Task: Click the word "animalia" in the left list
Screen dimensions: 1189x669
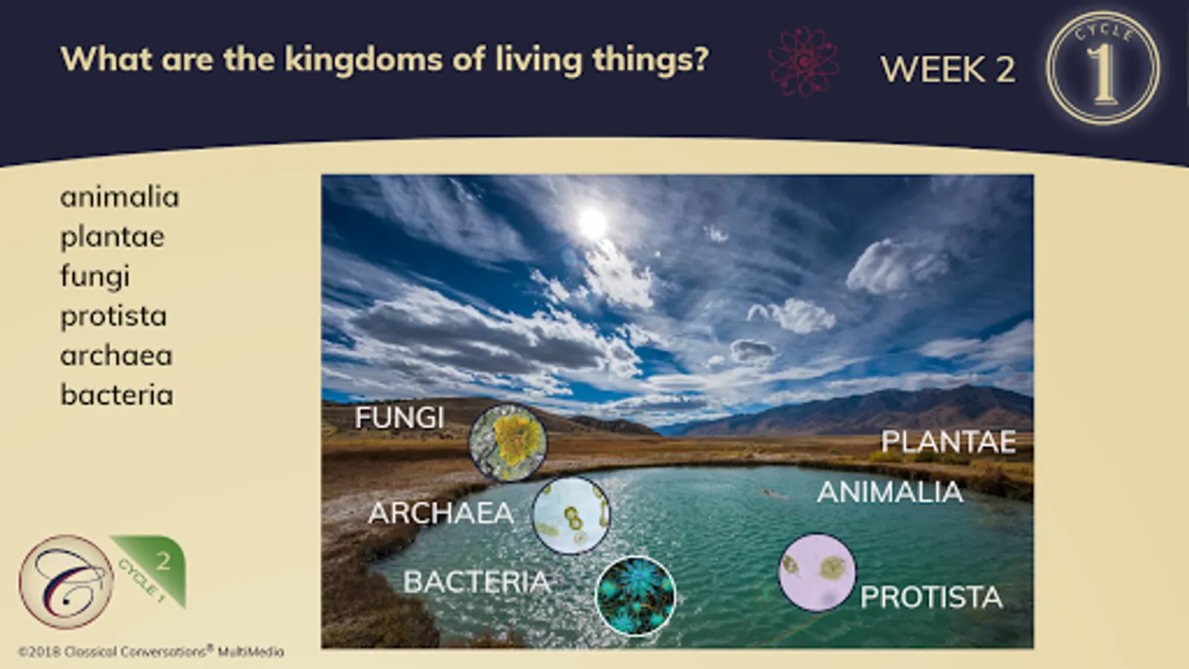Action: point(120,197)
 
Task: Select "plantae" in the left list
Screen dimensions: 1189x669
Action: point(112,237)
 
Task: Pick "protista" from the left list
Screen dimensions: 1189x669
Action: point(114,317)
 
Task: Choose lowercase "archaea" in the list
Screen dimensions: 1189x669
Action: point(116,356)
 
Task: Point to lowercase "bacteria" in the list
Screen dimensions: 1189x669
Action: point(117,395)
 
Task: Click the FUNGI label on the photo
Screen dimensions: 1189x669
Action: point(400,417)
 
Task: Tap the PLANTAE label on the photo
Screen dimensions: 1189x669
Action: point(949,442)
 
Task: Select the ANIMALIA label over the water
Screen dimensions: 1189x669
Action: point(890,491)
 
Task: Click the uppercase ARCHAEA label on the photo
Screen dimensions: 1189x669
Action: point(441,513)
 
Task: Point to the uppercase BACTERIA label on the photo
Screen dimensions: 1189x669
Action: point(476,582)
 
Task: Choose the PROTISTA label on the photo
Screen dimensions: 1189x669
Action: point(932,598)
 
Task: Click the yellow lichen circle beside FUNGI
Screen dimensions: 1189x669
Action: point(508,443)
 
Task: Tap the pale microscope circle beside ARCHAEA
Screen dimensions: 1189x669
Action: point(571,515)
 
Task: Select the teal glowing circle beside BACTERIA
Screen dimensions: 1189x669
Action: point(636,595)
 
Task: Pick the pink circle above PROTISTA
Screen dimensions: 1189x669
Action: point(817,572)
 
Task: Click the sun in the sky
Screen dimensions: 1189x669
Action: point(592,222)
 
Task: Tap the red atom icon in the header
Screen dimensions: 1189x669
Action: point(803,62)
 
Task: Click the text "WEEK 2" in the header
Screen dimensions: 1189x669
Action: point(948,69)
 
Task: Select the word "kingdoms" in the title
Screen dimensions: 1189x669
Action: point(363,59)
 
